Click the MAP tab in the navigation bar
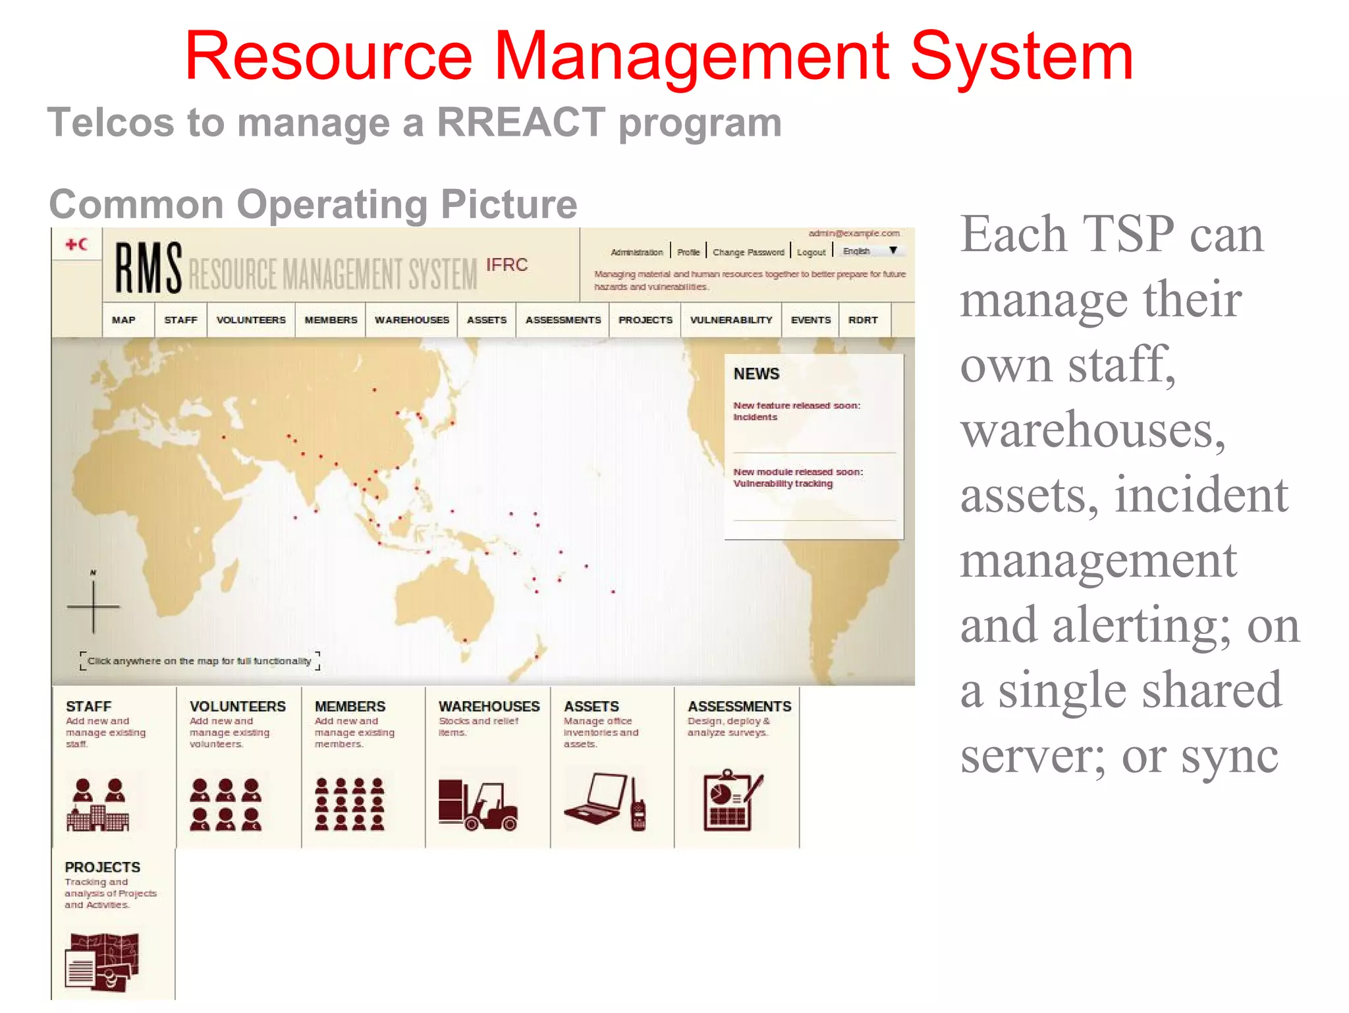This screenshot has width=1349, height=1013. tap(124, 320)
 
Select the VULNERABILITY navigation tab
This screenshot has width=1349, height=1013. tap(730, 320)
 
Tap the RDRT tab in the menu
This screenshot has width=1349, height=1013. tap(863, 320)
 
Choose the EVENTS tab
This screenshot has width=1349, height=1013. tap(810, 320)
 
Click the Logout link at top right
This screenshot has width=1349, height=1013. tap(811, 252)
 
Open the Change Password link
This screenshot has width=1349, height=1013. tap(748, 252)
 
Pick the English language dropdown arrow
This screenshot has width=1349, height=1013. tap(893, 250)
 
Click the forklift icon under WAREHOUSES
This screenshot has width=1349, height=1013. tap(478, 804)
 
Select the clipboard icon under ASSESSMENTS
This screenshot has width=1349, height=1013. tap(729, 800)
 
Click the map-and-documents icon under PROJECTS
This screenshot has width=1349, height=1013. tap(102, 962)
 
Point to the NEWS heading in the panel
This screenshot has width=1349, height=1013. tap(756, 374)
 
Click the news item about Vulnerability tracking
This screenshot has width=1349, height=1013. tap(798, 478)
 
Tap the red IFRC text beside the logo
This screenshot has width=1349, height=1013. tap(507, 265)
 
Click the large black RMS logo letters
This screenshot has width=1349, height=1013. tap(149, 268)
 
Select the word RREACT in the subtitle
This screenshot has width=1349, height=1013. tap(521, 123)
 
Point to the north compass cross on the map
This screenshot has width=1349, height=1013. tap(94, 606)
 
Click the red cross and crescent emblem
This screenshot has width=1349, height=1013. tap(76, 245)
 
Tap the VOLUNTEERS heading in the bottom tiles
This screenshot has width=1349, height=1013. tap(238, 707)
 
